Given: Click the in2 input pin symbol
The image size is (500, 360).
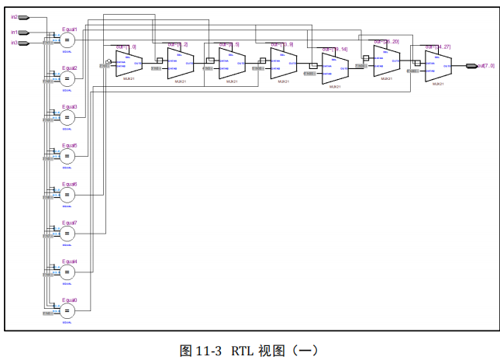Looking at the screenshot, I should (x=24, y=16).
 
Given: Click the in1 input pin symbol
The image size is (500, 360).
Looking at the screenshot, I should (x=24, y=33).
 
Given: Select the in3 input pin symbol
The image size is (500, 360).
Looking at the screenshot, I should (x=24, y=43).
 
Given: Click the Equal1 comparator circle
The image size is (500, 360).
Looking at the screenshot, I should (x=67, y=40).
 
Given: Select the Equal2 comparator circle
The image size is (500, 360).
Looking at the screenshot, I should (x=67, y=78).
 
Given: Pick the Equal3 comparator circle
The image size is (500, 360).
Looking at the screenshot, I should (x=67, y=117).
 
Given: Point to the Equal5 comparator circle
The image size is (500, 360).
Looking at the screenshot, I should (x=67, y=156).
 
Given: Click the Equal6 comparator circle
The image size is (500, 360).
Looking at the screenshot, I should (x=67, y=195).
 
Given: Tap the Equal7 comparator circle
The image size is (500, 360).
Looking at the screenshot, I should (x=67, y=234).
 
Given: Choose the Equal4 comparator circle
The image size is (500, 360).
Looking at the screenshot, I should (x=67, y=272).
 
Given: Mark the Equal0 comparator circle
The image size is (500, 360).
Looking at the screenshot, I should (x=67, y=310).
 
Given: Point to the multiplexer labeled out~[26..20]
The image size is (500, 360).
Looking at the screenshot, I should (x=385, y=61).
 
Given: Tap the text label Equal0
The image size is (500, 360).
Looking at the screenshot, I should (x=70, y=299).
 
